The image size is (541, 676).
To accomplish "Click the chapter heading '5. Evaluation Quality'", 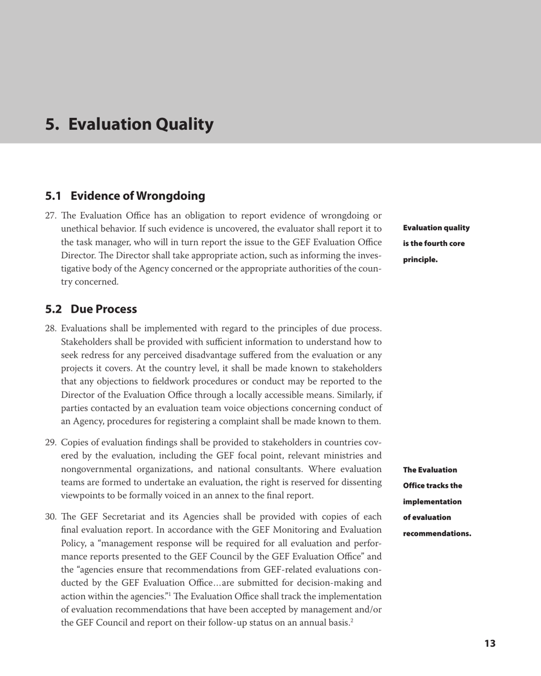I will [130, 124].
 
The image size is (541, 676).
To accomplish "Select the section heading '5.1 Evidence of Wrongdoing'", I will [125, 196].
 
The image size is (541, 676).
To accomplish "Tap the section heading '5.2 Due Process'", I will [91, 309].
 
